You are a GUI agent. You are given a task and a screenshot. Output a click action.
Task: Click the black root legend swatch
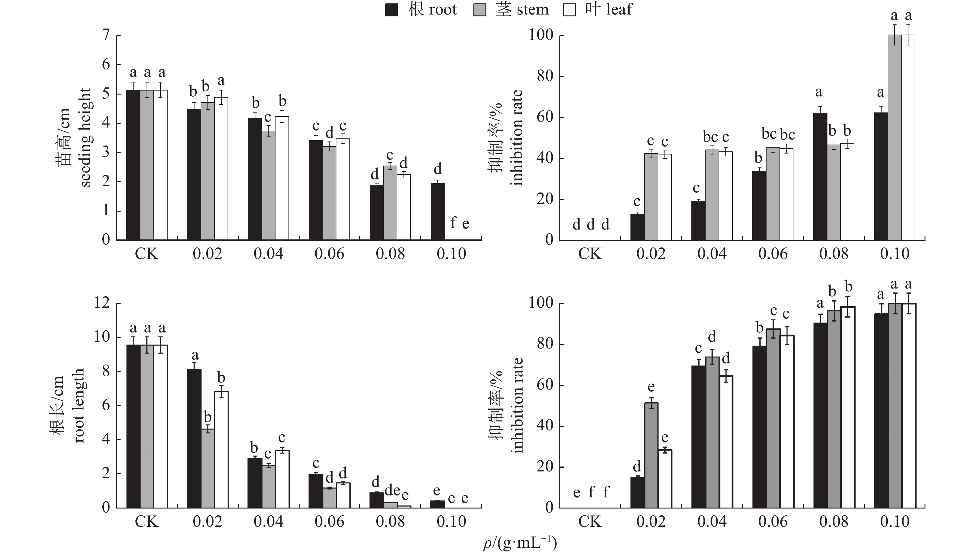tap(392, 10)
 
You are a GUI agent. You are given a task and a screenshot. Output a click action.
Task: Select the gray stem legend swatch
tap(480, 10)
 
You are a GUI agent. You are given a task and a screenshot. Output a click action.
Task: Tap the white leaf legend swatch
tap(569, 10)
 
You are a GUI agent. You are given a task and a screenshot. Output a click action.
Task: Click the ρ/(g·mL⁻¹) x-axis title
tap(520, 543)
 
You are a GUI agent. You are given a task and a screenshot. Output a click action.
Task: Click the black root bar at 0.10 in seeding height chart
tap(438, 211)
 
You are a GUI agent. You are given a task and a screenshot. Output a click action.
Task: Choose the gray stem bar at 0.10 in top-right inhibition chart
tap(894, 137)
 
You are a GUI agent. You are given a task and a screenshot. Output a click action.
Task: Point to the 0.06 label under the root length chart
tap(329, 522)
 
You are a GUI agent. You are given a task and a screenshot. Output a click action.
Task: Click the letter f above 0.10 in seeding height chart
tap(453, 223)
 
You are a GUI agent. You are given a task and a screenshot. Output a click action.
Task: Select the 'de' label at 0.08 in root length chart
tap(392, 490)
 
